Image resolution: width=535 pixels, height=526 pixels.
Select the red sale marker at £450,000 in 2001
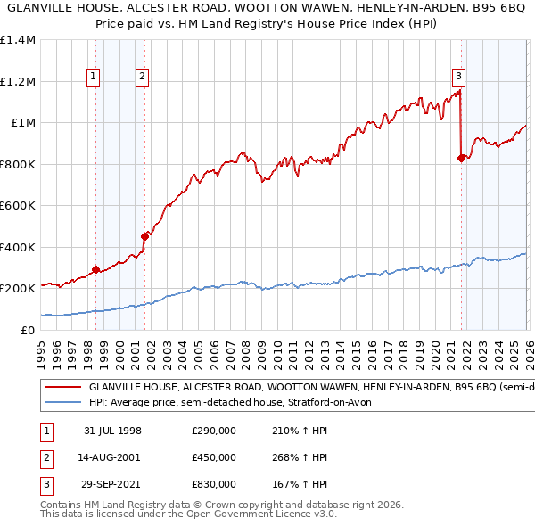[144, 236]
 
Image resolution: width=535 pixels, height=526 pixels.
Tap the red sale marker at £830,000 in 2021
[461, 158]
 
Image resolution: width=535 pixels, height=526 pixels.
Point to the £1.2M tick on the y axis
[18, 81]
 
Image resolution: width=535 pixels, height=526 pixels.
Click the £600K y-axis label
[18, 206]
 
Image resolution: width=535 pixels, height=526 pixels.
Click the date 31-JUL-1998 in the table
[113, 431]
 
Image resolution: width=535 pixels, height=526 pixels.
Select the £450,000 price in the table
[214, 458]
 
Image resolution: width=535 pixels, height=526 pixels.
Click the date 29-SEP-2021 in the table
[113, 486]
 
